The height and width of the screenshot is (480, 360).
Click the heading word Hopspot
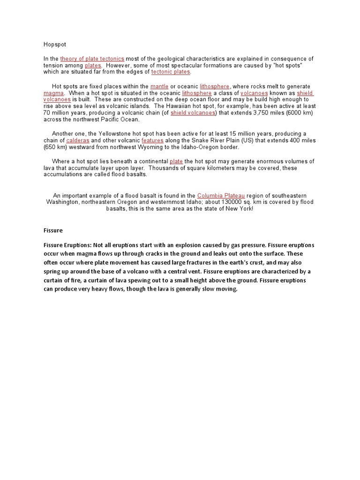pyautogui.click(x=55, y=45)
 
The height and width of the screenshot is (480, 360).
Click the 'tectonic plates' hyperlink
pyautogui.click(x=171, y=72)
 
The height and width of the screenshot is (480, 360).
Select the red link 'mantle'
pyautogui.click(x=159, y=87)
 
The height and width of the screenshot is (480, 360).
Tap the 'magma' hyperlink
pyautogui.click(x=53, y=93)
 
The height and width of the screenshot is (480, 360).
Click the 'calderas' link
pyautogui.click(x=78, y=141)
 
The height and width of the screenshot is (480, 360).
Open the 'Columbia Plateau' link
pyautogui.click(x=221, y=195)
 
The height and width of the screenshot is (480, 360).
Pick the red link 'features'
pyautogui.click(x=152, y=141)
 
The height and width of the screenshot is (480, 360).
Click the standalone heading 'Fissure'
pyautogui.click(x=53, y=231)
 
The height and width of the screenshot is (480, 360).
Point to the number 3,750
pyautogui.click(x=262, y=113)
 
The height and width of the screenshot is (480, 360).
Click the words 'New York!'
pyautogui.click(x=238, y=209)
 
